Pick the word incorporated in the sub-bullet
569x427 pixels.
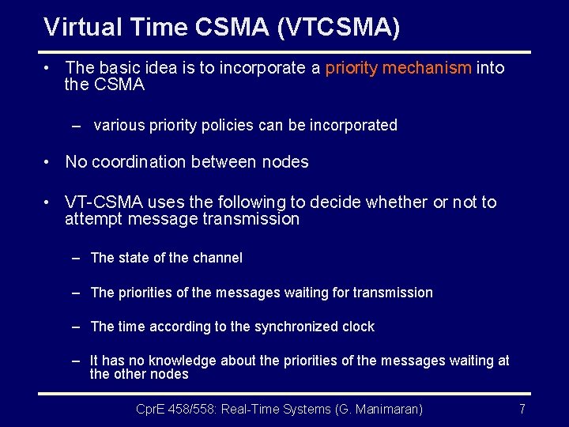click(356, 125)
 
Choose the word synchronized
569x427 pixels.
click(295, 327)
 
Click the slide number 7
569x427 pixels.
click(522, 409)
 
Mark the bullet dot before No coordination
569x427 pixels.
click(48, 162)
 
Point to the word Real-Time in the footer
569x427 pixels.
click(253, 409)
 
